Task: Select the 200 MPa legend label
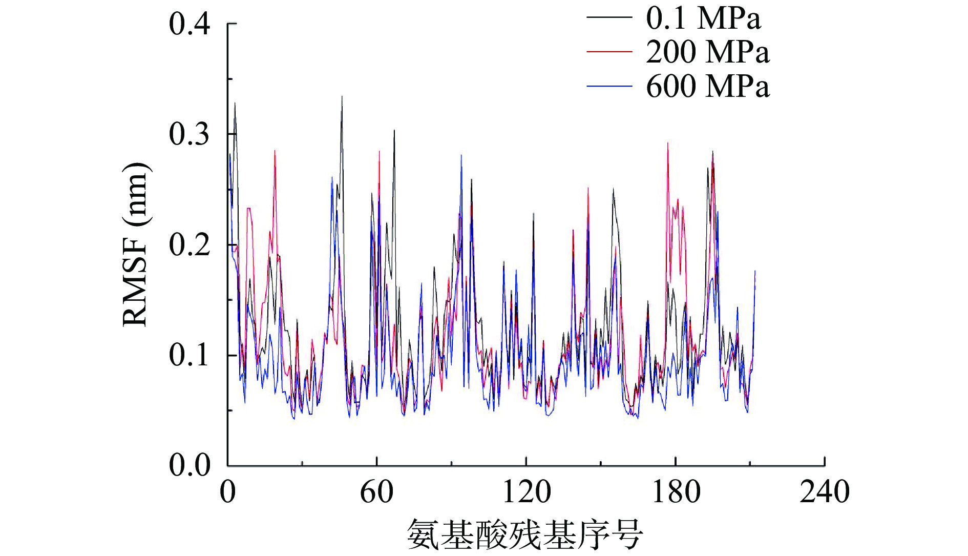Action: point(707,52)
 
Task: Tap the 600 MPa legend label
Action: point(707,86)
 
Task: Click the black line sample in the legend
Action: point(609,18)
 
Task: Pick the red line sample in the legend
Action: point(609,52)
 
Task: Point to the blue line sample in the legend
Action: point(609,86)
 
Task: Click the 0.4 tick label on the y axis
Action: point(190,24)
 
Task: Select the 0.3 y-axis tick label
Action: point(190,134)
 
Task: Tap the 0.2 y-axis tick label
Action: point(190,245)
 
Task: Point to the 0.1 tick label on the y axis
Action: point(190,355)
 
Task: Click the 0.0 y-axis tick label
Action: point(190,465)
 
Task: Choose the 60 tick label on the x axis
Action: point(376,492)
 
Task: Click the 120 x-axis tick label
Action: point(526,492)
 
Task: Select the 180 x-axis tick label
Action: point(676,492)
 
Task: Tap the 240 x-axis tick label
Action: point(825,492)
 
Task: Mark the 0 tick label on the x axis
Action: point(227,492)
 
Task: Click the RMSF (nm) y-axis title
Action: point(135,245)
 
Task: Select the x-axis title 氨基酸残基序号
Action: point(525,534)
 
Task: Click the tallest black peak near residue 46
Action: point(342,97)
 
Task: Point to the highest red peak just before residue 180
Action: point(667,143)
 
